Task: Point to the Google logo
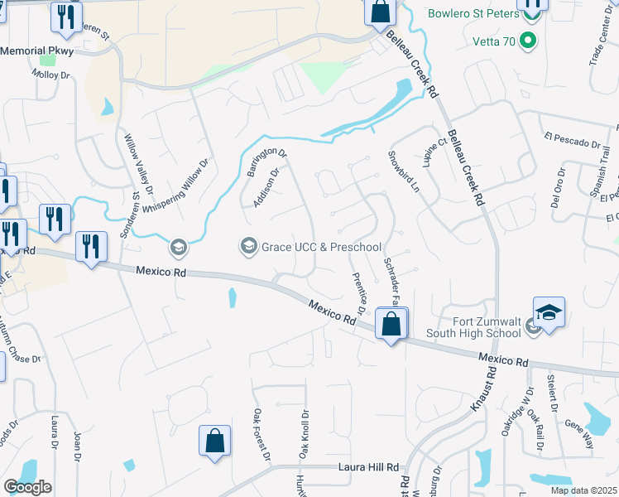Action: click(x=27, y=487)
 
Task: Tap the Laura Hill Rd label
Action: click(x=369, y=467)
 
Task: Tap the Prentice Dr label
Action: click(x=359, y=293)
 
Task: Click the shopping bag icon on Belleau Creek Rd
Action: click(x=380, y=12)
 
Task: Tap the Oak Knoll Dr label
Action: click(x=304, y=435)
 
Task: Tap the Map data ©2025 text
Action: click(x=583, y=490)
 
